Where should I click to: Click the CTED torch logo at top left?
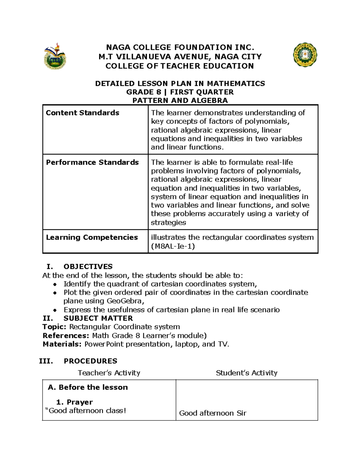(55, 56)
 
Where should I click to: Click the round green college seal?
(305, 55)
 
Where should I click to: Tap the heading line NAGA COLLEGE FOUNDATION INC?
(180, 47)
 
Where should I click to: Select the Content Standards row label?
(82, 113)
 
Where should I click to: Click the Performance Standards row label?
(92, 162)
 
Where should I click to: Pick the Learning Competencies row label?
(92, 237)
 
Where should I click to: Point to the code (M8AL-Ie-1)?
(173, 246)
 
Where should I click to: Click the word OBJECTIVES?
(88, 266)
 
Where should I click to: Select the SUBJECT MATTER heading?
(98, 318)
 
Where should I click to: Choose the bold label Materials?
(62, 344)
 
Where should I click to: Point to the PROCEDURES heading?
(90, 361)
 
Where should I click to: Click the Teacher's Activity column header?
(109, 373)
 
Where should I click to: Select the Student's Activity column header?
(246, 373)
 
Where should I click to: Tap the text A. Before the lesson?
(88, 387)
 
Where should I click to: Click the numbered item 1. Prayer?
(74, 402)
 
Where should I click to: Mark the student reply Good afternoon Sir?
(212, 413)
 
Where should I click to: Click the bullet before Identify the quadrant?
(54, 284)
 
